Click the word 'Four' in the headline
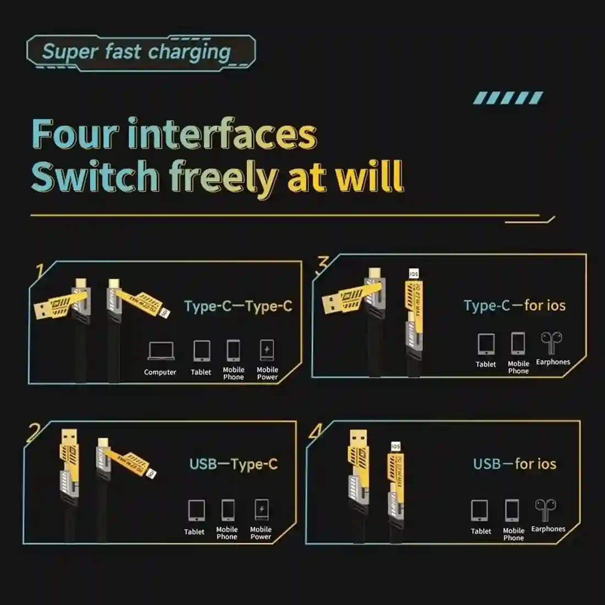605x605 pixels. point(75,134)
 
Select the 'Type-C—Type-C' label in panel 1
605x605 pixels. point(238,306)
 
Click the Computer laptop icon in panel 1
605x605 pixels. point(161,351)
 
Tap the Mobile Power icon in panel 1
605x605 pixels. point(267,350)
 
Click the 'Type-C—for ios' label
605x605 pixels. point(514,305)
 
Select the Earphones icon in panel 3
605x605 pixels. point(551,343)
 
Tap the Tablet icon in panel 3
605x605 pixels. point(486,344)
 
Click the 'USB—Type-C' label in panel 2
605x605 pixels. point(233,464)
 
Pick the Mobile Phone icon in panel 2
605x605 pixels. point(228,510)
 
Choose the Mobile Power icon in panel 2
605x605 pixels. point(261,510)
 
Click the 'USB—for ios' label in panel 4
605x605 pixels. point(514,464)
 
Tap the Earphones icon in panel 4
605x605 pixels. point(545,510)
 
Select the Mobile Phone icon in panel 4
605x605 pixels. point(512,511)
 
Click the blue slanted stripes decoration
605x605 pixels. point(508,98)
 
